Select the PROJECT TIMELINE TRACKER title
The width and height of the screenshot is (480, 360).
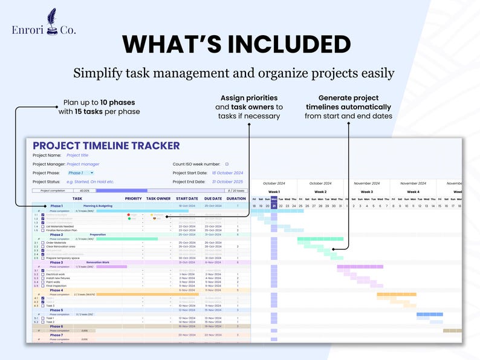106,146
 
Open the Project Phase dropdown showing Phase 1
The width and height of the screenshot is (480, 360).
80,172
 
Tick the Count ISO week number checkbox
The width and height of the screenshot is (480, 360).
227,164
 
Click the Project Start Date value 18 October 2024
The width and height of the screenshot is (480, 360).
227,172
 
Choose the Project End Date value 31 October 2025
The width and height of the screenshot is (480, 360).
227,182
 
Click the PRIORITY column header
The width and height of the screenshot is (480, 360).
133,198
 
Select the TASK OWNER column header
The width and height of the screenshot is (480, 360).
158,198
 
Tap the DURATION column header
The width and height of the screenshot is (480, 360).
236,198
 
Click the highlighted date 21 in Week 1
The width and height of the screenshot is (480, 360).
274,206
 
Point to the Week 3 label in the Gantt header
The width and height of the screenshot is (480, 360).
367,192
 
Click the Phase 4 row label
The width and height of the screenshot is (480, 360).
56,290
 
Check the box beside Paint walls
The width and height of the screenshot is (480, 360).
42,282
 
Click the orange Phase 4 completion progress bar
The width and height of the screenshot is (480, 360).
148,294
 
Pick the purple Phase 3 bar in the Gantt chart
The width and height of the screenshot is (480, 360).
360,266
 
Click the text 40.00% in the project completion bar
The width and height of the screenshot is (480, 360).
84,190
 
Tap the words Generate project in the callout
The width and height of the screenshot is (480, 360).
349,98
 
